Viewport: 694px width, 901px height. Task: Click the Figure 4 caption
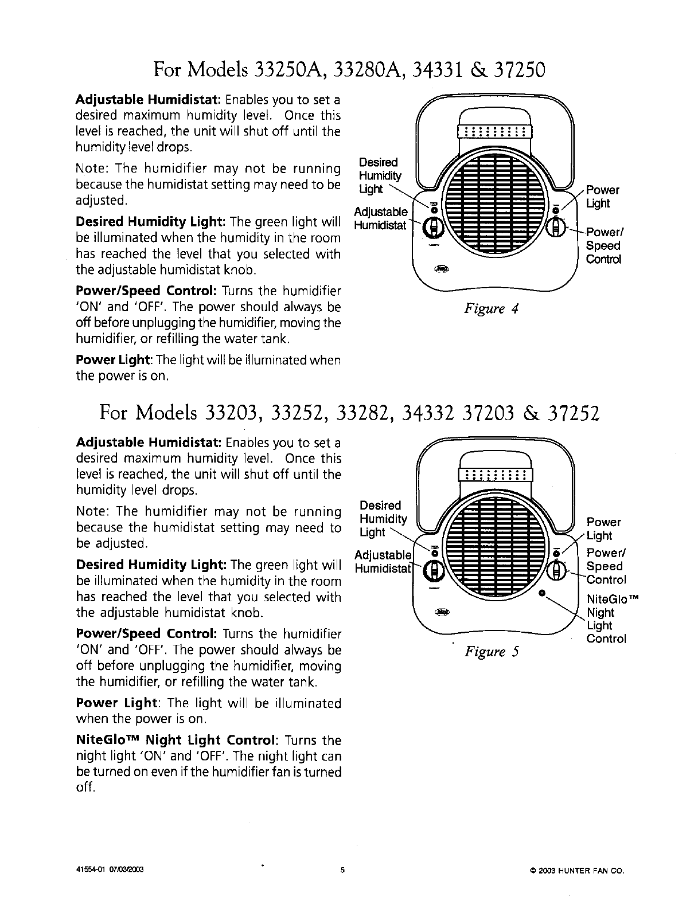click(492, 310)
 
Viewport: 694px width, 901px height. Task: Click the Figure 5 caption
click(492, 652)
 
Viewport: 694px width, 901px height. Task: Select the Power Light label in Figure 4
click(602, 197)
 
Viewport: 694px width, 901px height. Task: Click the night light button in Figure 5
click(541, 591)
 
